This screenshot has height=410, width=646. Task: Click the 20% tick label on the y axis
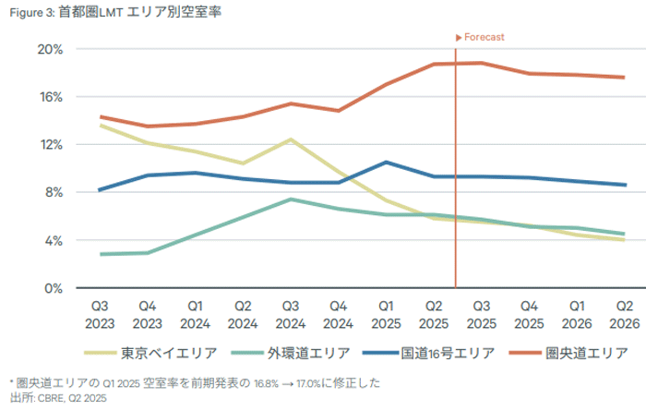coord(50,50)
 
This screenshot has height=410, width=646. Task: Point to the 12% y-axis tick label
coord(51,145)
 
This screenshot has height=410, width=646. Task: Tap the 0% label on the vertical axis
coord(54,288)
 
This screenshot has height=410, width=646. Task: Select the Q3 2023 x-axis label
coord(100,315)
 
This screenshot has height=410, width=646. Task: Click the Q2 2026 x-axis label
coord(625,315)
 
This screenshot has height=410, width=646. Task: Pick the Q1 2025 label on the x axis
coord(386,315)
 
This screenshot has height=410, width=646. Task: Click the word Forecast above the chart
coord(484,37)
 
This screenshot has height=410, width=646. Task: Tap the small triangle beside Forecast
coord(459,38)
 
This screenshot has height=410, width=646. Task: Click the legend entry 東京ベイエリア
coord(150,353)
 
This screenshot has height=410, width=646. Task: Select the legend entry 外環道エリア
coord(291,353)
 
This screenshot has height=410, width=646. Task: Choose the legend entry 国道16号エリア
coord(429,353)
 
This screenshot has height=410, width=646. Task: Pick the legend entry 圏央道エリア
coord(569,353)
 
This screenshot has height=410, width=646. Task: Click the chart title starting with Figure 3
coord(115,12)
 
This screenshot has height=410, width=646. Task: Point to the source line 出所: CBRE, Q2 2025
coord(58,398)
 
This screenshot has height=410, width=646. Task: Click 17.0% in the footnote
coord(308,383)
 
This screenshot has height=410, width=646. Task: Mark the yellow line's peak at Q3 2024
coord(291,139)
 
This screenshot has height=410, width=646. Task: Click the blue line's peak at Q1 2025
coord(386,163)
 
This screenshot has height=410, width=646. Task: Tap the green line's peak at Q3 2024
coord(291,199)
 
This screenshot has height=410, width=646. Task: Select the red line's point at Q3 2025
coord(481,63)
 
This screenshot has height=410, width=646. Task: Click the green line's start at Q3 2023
coord(101,254)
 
